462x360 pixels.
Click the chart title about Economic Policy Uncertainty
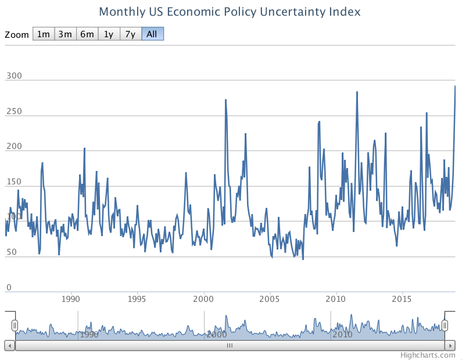230,12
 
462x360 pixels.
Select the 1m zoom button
43,34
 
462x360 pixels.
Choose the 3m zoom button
65,34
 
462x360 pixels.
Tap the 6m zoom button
87,34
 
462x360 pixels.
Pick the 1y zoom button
108,34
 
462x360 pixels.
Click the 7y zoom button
130,34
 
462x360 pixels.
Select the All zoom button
152,34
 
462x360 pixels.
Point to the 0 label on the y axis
8,287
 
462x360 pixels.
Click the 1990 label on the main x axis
71,299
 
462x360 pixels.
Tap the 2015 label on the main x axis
403,299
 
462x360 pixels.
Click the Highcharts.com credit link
428,354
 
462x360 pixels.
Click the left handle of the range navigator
15,325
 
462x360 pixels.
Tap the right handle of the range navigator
445,325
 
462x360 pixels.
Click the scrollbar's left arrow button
9,345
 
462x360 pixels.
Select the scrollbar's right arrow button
450,345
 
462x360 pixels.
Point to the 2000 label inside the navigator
216,334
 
